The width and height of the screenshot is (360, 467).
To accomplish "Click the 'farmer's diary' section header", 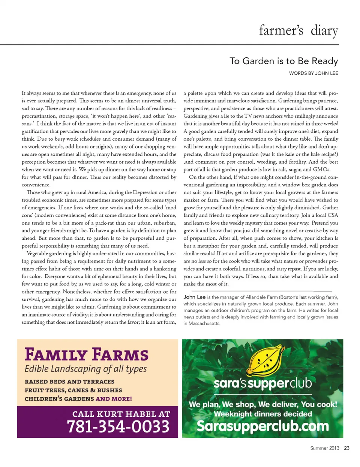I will tap(298, 30).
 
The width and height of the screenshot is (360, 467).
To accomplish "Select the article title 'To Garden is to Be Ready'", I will tap(283, 61).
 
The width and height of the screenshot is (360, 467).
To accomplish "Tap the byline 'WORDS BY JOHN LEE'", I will tap(313, 73).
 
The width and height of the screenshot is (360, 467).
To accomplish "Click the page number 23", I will tap(346, 448).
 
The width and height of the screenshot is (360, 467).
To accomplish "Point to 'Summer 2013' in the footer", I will tap(324, 448).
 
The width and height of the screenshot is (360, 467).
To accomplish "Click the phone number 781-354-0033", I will tap(118, 426).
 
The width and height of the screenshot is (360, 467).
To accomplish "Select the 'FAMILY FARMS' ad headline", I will tap(87, 354).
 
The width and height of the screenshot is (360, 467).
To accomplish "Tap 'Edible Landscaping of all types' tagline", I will tap(85, 369).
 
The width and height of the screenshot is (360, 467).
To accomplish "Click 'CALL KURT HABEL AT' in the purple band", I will tap(121, 414).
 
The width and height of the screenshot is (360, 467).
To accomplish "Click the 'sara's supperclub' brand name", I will tap(262, 383).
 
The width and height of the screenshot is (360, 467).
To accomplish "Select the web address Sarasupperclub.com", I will tap(262, 426).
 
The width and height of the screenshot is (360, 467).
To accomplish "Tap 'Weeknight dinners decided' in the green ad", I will tap(262, 414).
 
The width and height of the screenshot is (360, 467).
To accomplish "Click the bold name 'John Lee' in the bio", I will tap(194, 297).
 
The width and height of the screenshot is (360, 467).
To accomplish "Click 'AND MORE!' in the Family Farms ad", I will tap(114, 399).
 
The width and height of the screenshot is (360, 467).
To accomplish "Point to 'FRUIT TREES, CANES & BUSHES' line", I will tap(73, 390).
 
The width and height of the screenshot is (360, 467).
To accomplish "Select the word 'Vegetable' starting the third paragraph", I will tap(38, 254).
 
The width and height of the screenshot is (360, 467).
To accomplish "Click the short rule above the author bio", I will tap(261, 291).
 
